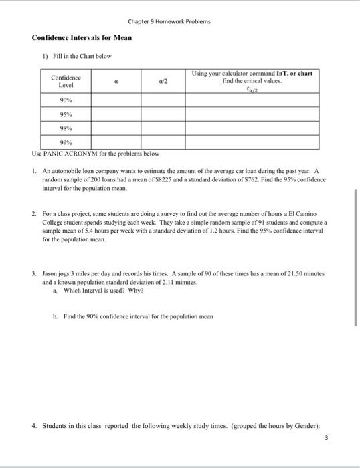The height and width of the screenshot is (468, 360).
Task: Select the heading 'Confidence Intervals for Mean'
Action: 82,37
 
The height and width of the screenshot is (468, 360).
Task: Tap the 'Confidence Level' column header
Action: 66,82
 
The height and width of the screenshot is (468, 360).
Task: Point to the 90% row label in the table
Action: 66,100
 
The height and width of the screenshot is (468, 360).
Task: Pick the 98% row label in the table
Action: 66,128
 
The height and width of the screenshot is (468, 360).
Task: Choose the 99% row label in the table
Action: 66,142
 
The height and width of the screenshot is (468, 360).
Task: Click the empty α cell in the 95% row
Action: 114,114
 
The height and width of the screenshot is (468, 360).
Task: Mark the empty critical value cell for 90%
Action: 252,100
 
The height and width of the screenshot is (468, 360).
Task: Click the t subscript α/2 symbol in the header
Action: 252,88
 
